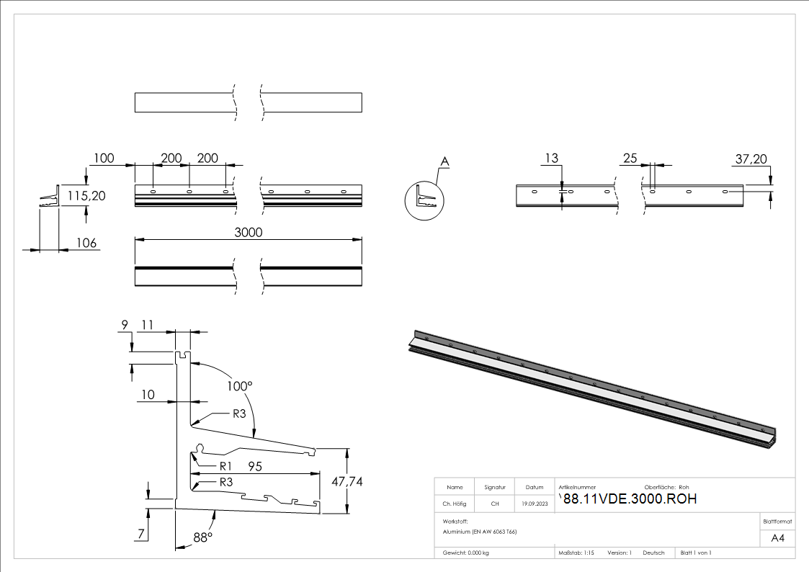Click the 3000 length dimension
[248, 232]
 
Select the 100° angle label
[240, 386]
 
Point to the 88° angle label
[202, 537]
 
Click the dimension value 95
[256, 466]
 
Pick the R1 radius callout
[228, 465]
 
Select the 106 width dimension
[86, 243]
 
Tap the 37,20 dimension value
[751, 158]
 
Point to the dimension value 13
[552, 158]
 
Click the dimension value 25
[630, 158]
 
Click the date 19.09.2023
[534, 504]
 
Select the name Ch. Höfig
[455, 504]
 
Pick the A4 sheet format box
[778, 538]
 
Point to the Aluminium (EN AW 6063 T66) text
[480, 531]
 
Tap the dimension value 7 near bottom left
[142, 534]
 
